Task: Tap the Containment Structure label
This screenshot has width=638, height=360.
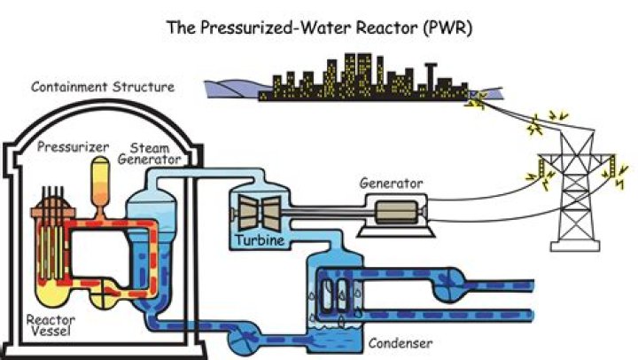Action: coord(103,87)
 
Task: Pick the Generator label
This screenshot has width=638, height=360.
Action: coord(391,184)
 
